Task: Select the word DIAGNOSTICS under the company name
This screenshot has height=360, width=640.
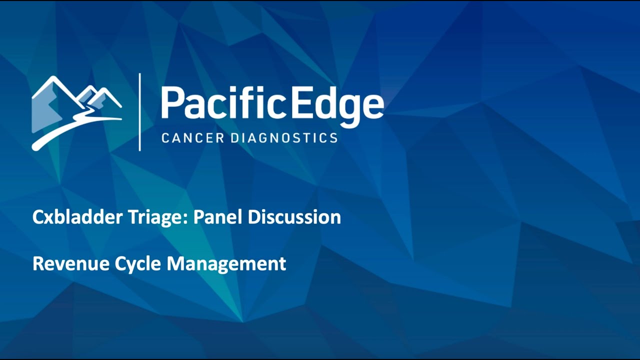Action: (284, 138)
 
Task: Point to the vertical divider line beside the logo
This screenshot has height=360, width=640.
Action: (139, 112)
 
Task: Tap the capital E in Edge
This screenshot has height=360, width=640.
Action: (303, 103)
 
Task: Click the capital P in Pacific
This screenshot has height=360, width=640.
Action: (171, 103)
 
